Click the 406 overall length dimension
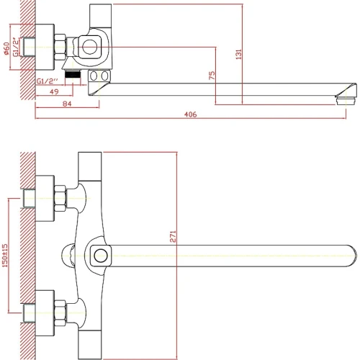click(191, 114)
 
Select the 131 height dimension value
click(238, 54)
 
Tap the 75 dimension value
click(212, 76)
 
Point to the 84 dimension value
click(67, 104)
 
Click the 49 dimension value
click(54, 91)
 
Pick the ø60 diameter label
click(6, 48)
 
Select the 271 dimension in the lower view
click(173, 236)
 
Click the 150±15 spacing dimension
click(5, 256)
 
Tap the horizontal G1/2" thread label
click(48, 81)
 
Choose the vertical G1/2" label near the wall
click(16, 47)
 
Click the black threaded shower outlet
click(73, 74)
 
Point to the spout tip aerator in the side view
click(346, 101)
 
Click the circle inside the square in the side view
click(89, 48)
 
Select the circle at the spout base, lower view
click(101, 256)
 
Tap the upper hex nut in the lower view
click(60, 198)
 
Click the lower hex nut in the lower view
click(60, 313)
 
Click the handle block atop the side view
click(100, 16)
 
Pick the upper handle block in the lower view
click(90, 166)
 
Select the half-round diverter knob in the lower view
click(68, 256)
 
